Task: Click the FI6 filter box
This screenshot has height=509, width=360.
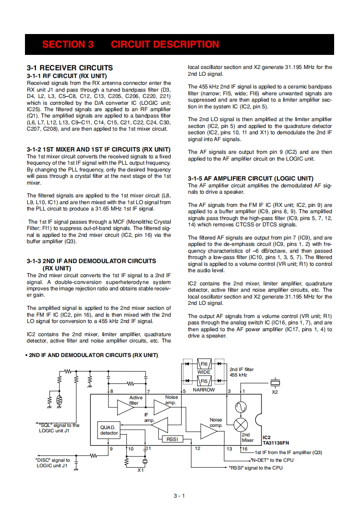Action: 204,364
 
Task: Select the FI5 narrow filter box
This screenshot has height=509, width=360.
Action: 204,382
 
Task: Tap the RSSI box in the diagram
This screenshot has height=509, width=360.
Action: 172,439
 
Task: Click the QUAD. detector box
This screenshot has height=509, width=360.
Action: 109,430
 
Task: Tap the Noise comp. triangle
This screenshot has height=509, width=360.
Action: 209,431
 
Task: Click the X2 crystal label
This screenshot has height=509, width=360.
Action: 275,392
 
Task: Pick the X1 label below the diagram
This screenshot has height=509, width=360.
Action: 141,470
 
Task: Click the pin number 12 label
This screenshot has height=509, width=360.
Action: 197,448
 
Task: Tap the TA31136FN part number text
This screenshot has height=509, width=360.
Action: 276,444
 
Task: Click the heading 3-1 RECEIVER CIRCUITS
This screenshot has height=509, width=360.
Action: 70,68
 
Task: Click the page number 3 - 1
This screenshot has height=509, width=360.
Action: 179,495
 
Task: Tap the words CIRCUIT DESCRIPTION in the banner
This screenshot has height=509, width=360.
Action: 165,44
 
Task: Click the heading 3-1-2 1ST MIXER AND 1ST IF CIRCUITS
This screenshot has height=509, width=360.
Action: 99,149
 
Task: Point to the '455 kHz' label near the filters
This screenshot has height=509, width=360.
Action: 238,375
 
